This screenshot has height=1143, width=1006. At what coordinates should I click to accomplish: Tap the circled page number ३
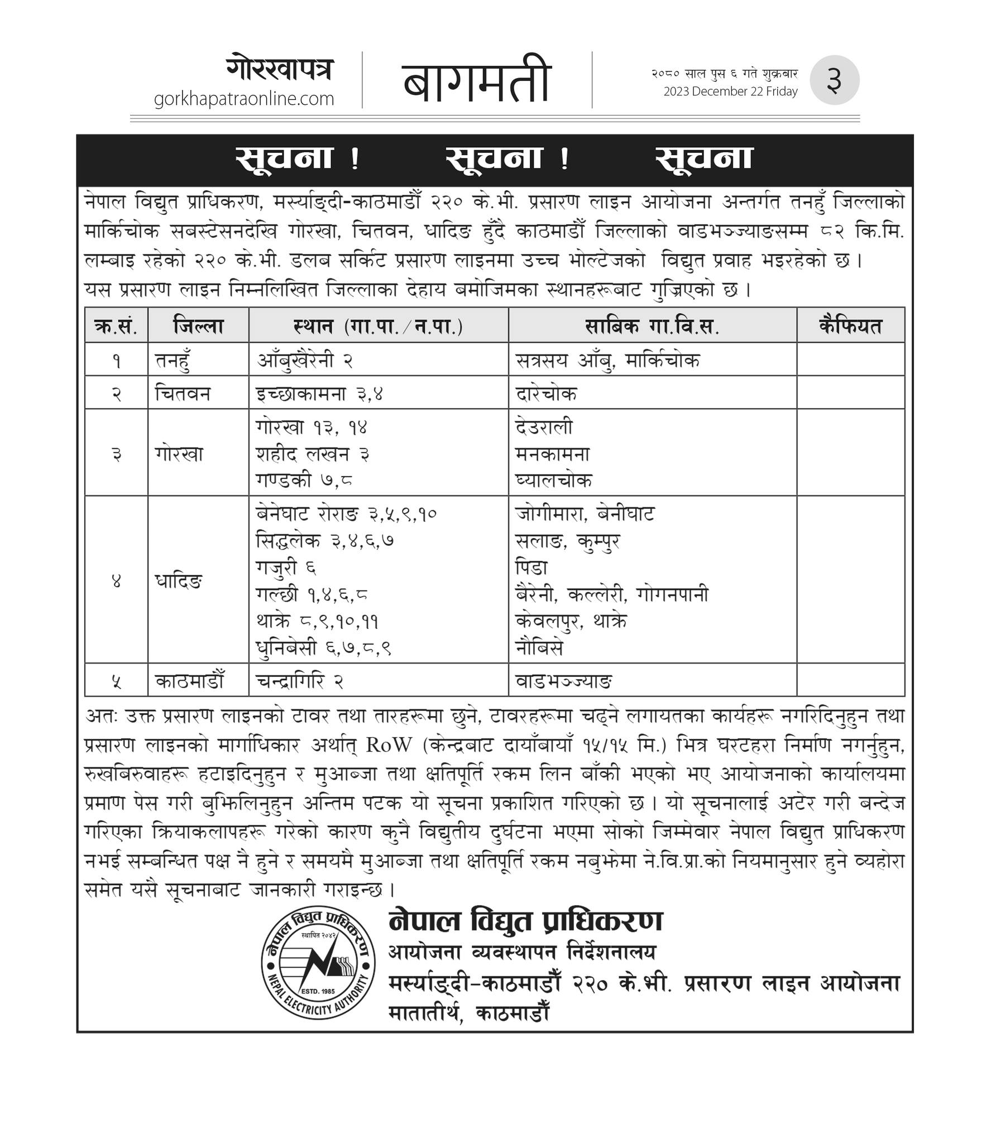coord(833,80)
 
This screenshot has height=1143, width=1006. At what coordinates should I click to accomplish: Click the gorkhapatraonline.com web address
coord(243,99)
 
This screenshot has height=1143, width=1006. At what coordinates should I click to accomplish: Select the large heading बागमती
coord(477,80)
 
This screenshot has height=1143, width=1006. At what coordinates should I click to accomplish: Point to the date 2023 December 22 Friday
coord(730,91)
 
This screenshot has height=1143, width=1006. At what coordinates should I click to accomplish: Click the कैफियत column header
coord(850,325)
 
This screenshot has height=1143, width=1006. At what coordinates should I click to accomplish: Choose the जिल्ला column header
coord(198,325)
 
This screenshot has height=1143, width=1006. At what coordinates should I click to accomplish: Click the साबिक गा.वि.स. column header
coord(652,325)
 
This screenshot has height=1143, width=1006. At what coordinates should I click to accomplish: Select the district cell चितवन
coord(183,393)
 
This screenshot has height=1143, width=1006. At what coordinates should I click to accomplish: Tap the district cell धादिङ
coord(179,581)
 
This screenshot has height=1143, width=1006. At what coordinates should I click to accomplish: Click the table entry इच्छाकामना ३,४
coord(319,393)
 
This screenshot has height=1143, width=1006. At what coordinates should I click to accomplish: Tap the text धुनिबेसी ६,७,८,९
coord(323,648)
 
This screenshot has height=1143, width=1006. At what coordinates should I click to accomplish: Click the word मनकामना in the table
coord(552,454)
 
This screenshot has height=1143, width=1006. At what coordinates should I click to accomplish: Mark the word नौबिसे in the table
coord(539,648)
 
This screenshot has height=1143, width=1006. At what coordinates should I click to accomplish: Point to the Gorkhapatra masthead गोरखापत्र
coord(280,69)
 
